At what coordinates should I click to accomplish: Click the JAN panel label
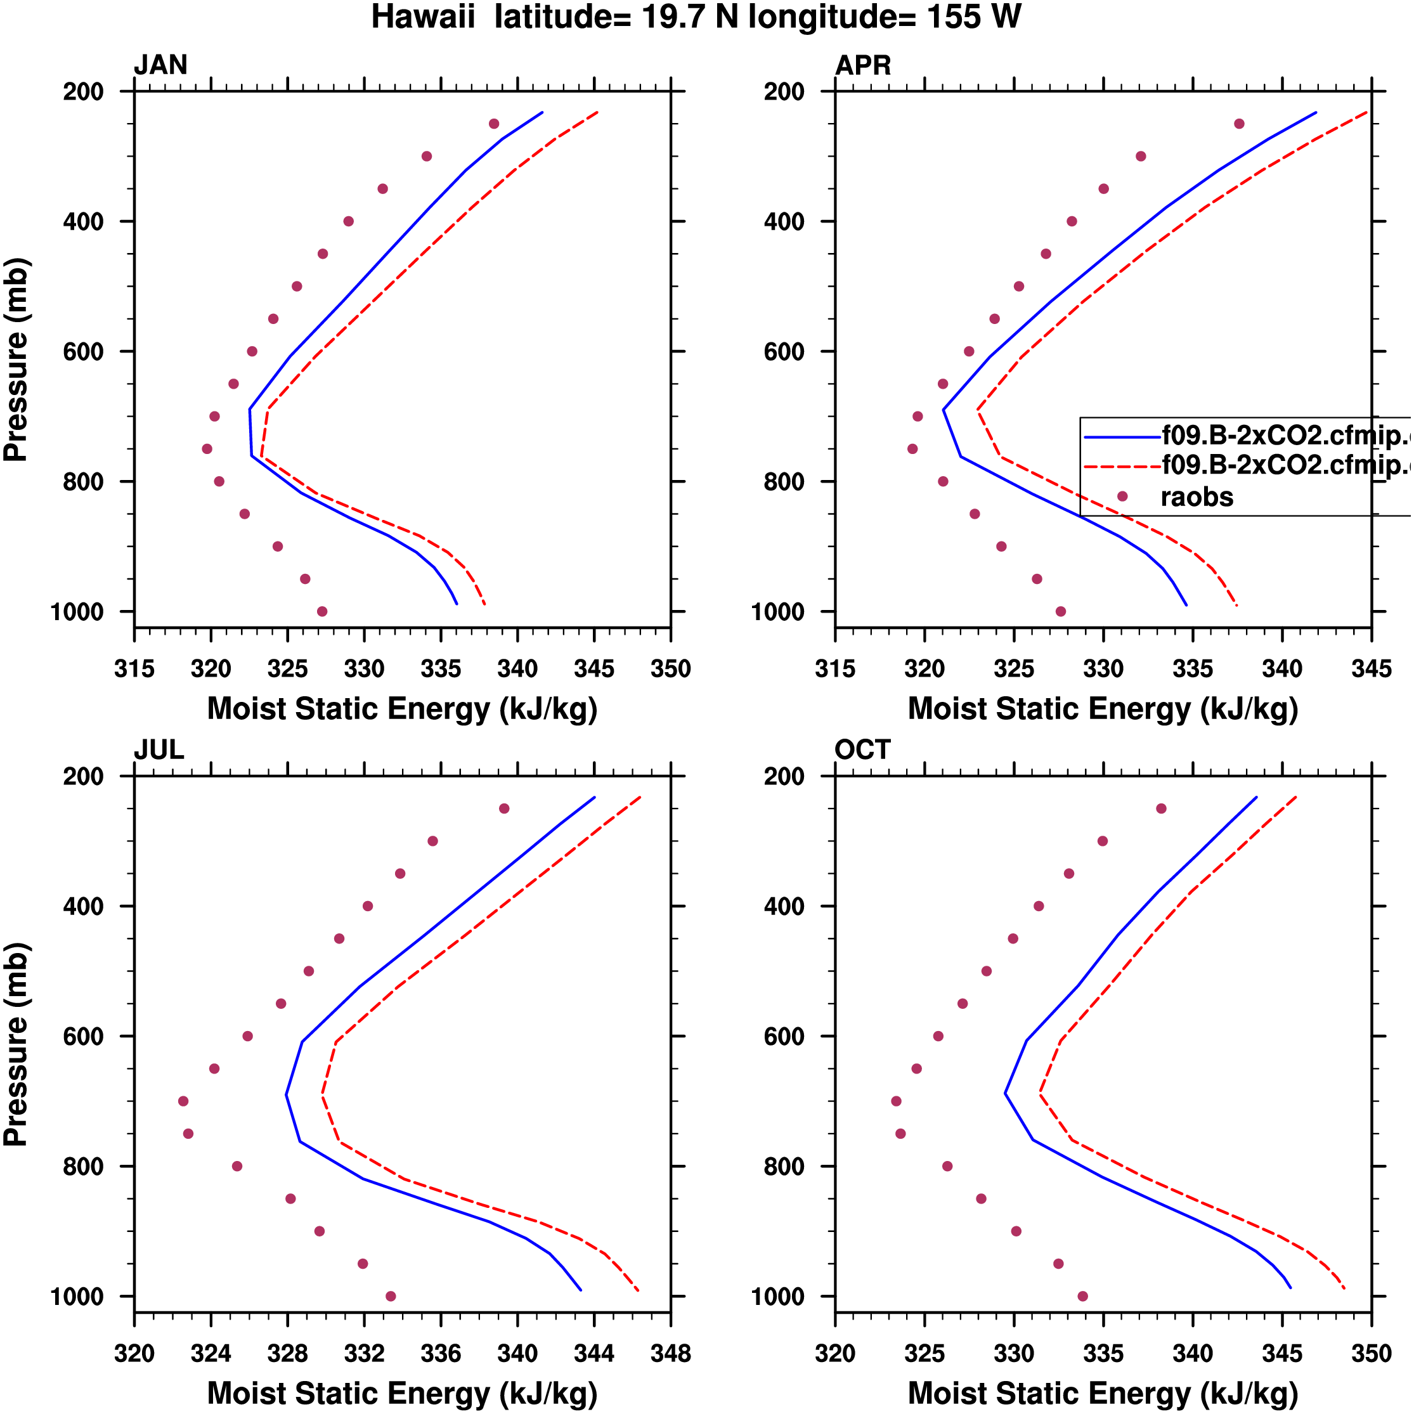tap(160, 65)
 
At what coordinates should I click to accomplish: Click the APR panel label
tap(863, 65)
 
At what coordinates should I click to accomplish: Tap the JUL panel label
tap(159, 750)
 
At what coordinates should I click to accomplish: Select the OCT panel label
tap(862, 750)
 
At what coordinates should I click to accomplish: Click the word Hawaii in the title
tap(423, 17)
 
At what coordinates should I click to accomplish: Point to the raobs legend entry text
tap(1197, 497)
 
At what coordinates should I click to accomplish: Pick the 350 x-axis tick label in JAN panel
tap(670, 669)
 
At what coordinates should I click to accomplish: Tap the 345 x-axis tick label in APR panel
tap(1371, 669)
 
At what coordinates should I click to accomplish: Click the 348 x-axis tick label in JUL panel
tap(670, 1354)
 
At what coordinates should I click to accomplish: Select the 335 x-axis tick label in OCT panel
tap(1103, 1354)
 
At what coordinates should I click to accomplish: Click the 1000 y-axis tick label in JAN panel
tap(77, 612)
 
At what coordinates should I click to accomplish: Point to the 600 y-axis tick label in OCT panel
tap(784, 1036)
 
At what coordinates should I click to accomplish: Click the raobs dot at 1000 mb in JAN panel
tap(322, 611)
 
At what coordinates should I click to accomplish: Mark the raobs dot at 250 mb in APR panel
tap(1239, 124)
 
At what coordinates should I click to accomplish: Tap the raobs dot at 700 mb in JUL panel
tap(183, 1101)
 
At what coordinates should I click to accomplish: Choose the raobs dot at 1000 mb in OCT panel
tap(1082, 1296)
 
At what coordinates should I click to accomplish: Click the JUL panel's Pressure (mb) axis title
tap(16, 1045)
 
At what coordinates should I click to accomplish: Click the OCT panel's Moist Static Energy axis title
tap(1103, 1394)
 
